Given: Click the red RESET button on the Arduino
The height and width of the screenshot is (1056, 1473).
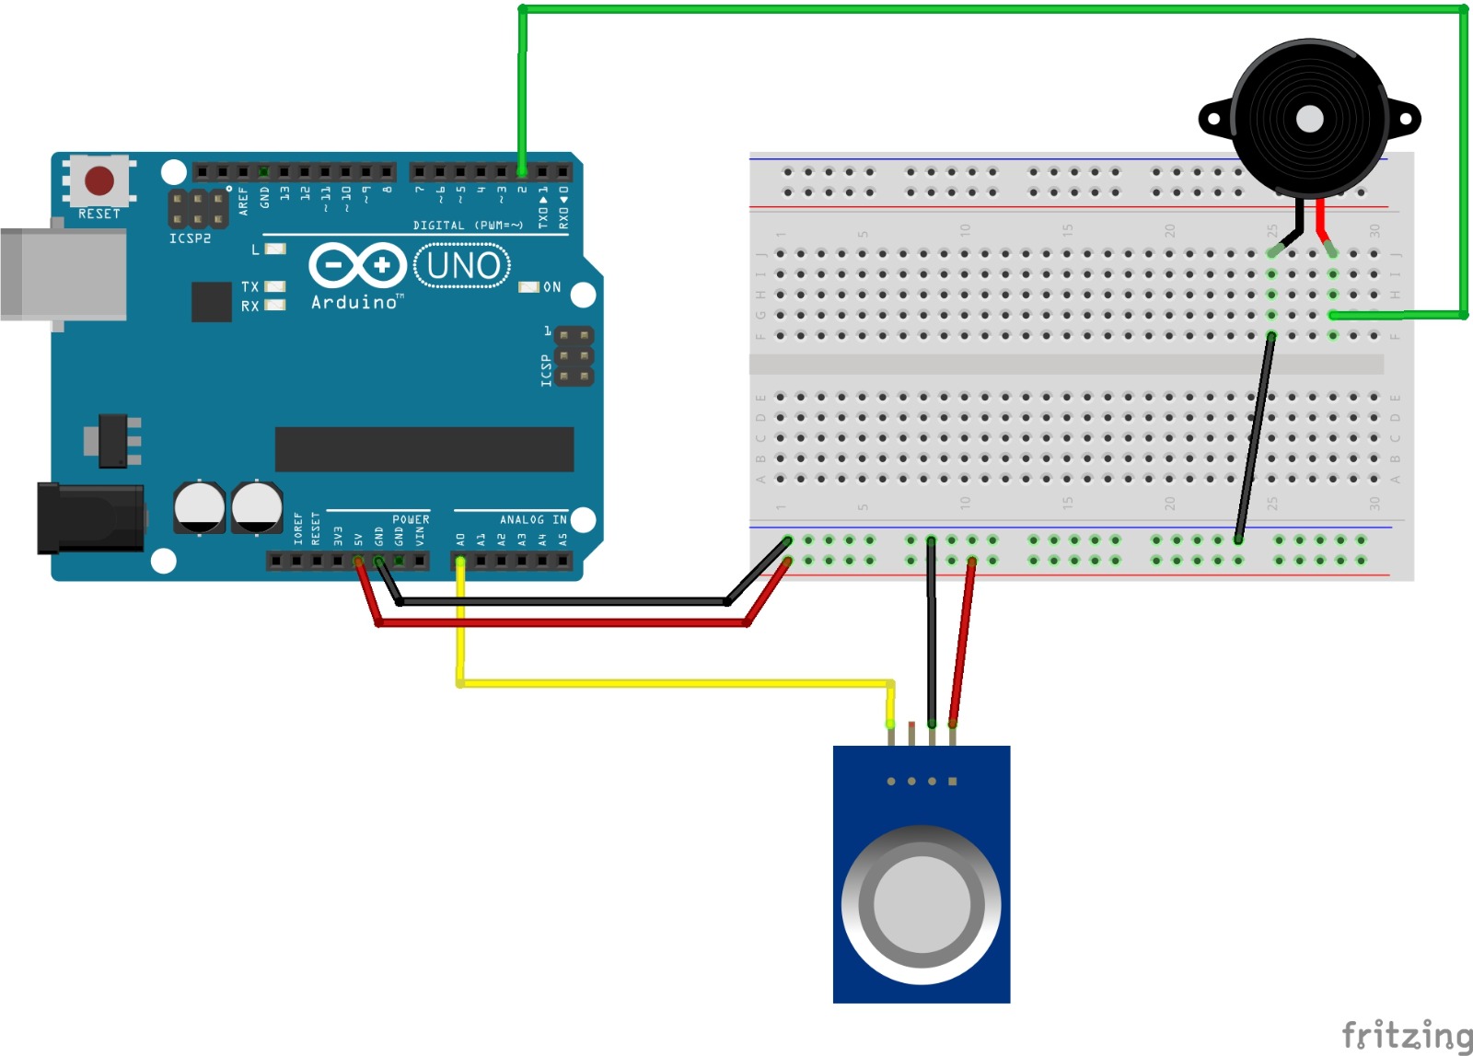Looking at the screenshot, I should (99, 180).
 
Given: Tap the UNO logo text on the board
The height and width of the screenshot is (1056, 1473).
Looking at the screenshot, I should (463, 266).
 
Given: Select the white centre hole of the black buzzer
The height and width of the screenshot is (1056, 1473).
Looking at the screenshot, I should (1309, 119).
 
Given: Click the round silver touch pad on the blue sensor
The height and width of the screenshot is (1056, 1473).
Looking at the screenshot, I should (921, 905).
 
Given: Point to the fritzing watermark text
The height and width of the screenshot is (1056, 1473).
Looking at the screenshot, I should (1406, 1035).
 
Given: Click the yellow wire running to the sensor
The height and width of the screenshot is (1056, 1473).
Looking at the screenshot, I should (672, 683).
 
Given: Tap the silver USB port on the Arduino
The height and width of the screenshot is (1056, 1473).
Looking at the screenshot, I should (63, 274).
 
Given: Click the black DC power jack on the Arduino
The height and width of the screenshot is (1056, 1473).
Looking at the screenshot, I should (89, 518).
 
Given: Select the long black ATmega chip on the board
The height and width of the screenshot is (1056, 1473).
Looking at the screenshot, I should (424, 449).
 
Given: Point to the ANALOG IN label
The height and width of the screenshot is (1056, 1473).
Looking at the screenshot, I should (533, 520).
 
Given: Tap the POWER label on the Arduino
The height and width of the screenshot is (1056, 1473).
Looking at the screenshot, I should (411, 520).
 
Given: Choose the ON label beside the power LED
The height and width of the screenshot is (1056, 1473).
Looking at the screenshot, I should (552, 287).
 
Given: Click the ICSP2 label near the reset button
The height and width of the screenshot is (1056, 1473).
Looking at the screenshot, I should (190, 238).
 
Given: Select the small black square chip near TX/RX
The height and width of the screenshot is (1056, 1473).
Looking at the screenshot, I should (211, 302).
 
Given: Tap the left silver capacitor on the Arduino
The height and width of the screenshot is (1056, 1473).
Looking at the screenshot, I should (199, 506).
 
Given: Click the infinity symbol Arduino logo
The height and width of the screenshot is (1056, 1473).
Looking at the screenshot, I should (357, 266).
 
